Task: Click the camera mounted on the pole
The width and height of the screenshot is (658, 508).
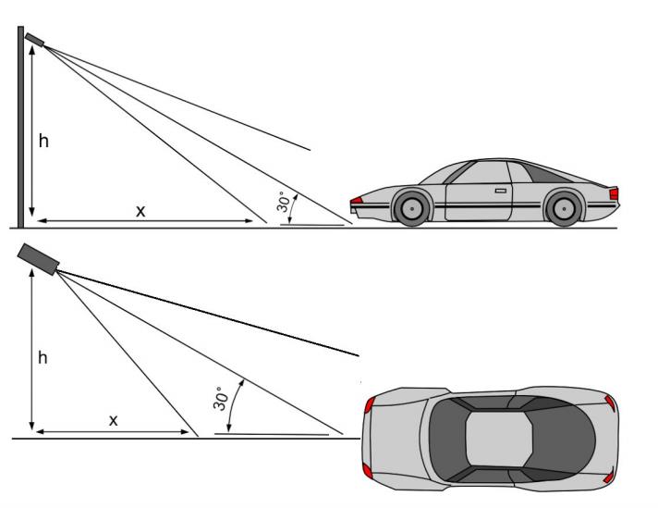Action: pos(35,39)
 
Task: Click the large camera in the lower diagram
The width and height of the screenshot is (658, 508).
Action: pos(38,259)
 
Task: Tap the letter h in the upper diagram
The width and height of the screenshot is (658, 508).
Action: pos(43,141)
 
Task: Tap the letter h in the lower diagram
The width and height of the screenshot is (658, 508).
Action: pos(43,357)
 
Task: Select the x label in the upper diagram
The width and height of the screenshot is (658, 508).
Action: pos(140,211)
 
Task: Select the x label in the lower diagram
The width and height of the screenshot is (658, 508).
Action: pos(114,420)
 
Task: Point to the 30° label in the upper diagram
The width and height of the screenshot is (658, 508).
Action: pos(284,202)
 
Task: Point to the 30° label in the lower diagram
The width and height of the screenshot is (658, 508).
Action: pos(220,398)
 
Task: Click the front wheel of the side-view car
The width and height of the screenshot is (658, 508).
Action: pos(411,208)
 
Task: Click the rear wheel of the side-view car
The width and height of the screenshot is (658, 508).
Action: pos(563,208)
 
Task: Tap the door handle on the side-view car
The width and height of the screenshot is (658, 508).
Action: pos(501,191)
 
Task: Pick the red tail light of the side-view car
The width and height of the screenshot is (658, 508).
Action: pos(614,193)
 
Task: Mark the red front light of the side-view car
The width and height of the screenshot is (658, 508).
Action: pos(357,200)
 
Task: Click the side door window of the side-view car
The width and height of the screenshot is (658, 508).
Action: pos(481,173)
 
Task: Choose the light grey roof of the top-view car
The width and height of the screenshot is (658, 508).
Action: pos(499,439)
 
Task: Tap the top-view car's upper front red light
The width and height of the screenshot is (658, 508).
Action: pos(369,405)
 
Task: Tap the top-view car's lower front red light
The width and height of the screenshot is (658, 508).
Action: pos(368,471)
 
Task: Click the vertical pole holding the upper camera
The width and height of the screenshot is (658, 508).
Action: pos(20,127)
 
